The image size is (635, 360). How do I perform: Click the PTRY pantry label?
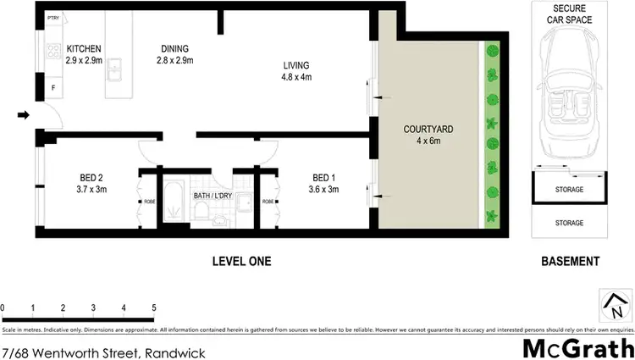coord(52,17)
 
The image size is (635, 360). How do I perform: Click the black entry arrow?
coord(25,115)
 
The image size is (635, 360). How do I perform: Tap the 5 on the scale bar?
coord(153,307)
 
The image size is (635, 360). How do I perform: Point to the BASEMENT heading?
coord(571,262)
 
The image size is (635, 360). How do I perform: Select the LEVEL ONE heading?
coord(241,262)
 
